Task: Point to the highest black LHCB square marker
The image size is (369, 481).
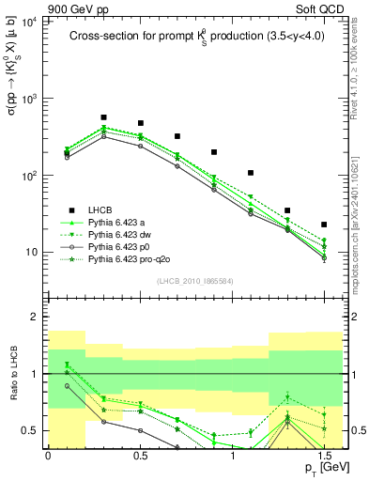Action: [103, 118]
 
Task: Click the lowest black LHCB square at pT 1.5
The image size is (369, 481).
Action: [324, 225]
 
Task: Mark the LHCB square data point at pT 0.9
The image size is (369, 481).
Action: [214, 152]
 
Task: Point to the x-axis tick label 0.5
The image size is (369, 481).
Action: [140, 454]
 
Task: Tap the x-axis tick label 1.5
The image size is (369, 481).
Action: [324, 454]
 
